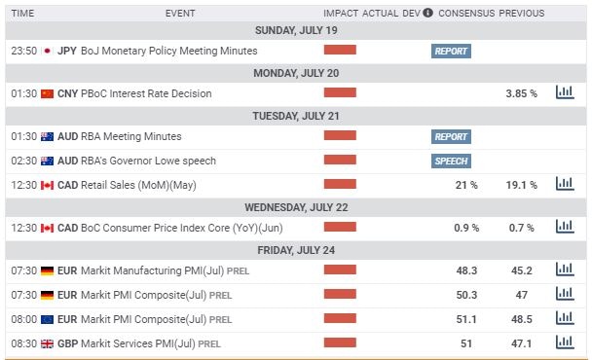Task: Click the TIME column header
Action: pyautogui.click(x=23, y=14)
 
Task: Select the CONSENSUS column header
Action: pyautogui.click(x=466, y=14)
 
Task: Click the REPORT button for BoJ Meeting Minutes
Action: pyautogui.click(x=451, y=51)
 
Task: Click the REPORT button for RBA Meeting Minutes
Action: pyautogui.click(x=451, y=137)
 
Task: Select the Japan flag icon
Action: pyautogui.click(x=47, y=51)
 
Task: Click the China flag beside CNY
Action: pyautogui.click(x=47, y=93)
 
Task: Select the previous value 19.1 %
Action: pyautogui.click(x=522, y=184)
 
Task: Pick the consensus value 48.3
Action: pyautogui.click(x=466, y=270)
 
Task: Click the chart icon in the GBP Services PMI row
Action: pyautogui.click(x=564, y=342)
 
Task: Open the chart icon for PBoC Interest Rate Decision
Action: pyautogui.click(x=564, y=93)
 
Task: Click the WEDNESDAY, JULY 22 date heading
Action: pyautogui.click(x=295, y=206)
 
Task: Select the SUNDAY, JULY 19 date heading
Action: pyautogui.click(x=295, y=29)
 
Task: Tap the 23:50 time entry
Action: pyautogui.click(x=23, y=51)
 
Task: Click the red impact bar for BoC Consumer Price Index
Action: pyautogui.click(x=340, y=227)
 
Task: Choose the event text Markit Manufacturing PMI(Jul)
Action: pyautogui.click(x=154, y=270)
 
